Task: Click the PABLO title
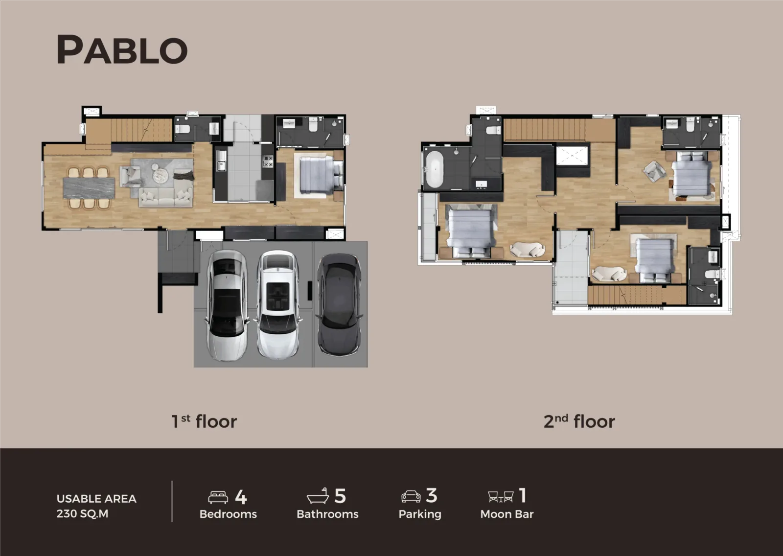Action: (x=122, y=49)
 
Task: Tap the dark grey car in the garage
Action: (x=339, y=304)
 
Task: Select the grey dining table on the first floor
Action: (x=89, y=188)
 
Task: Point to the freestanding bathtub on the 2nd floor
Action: (x=435, y=169)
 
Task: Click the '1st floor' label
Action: (x=204, y=421)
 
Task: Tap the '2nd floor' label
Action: (x=579, y=421)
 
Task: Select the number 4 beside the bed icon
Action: (x=241, y=497)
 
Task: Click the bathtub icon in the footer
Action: (x=318, y=496)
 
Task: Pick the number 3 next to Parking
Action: (x=431, y=496)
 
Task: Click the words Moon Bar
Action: (x=507, y=514)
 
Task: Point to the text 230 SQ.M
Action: (x=83, y=514)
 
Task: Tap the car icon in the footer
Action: (x=411, y=497)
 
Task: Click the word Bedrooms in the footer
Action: (x=228, y=514)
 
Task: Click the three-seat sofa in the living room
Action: (x=166, y=198)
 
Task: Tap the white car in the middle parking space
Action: (x=278, y=306)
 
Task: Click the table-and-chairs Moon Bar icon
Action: (x=501, y=497)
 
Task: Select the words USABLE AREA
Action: (x=96, y=499)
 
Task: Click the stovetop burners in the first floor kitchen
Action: (x=268, y=162)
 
